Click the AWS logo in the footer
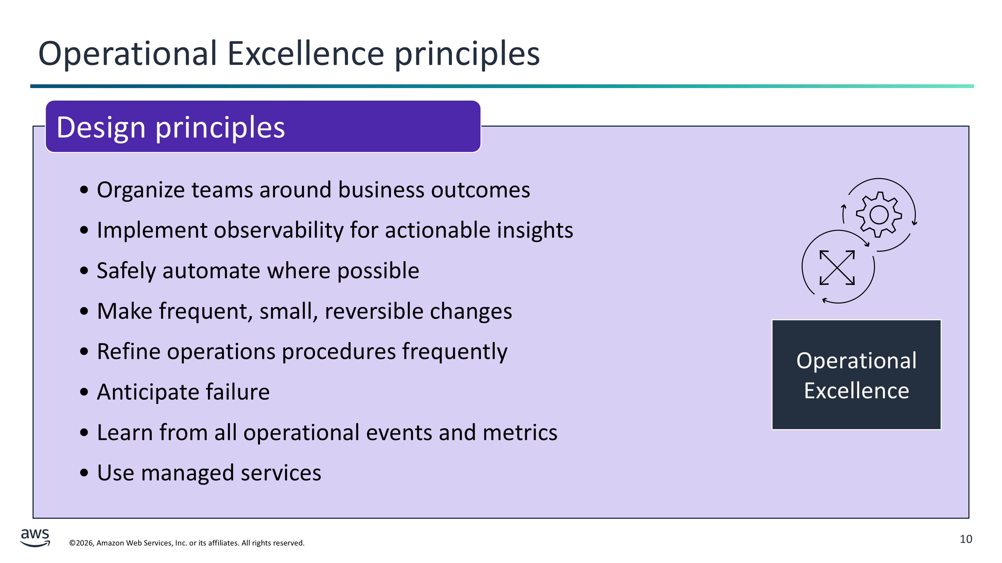tap(35, 538)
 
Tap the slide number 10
tap(966, 539)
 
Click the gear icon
tap(879, 214)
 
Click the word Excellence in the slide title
tap(306, 53)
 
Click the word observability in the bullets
tap(279, 230)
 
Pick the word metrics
tap(520, 432)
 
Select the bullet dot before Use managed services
tap(84, 473)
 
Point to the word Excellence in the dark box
tap(856, 391)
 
